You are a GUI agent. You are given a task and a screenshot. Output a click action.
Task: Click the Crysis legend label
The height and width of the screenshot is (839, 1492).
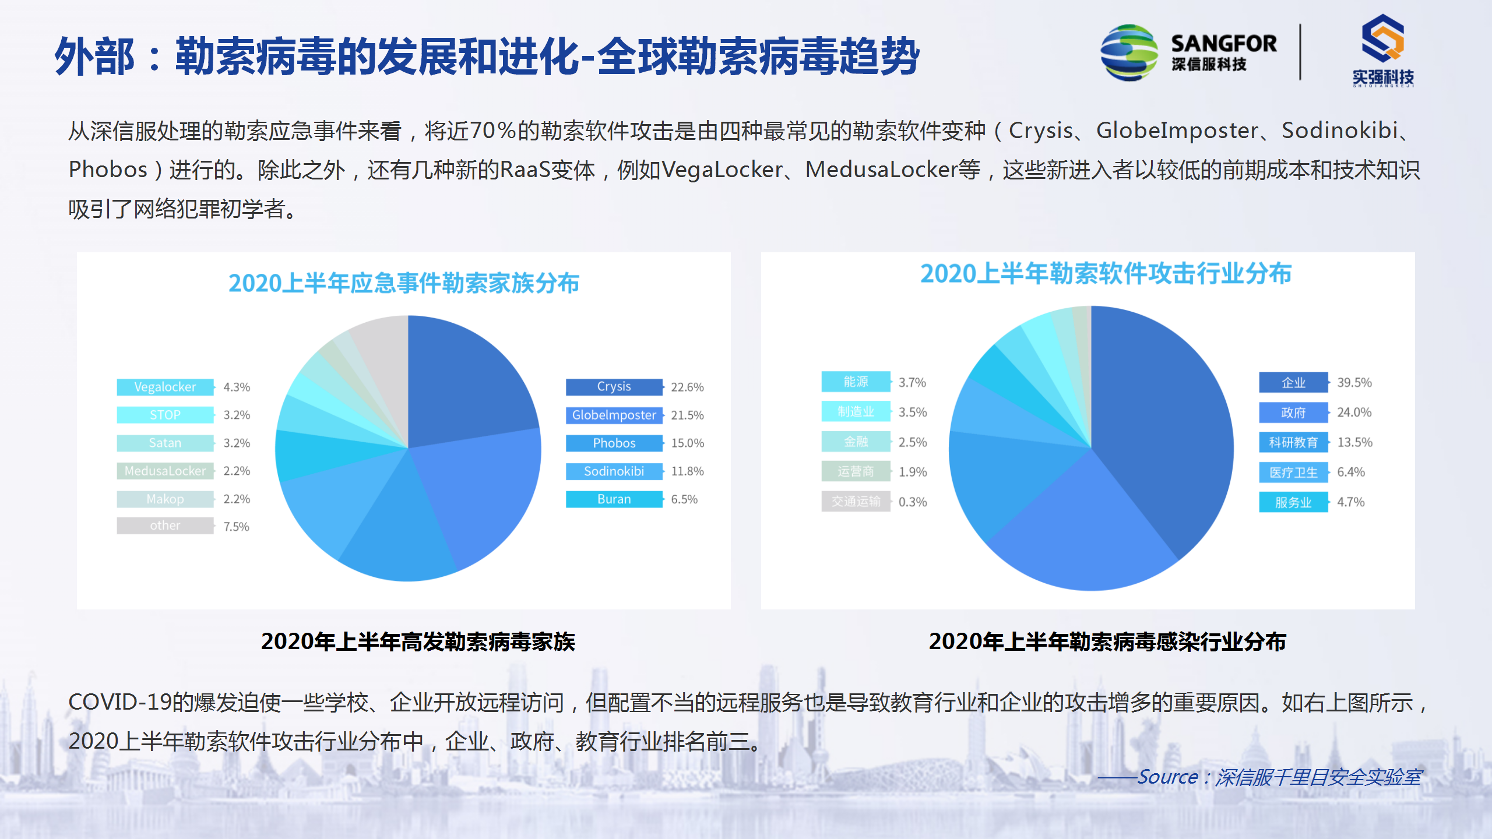point(614,387)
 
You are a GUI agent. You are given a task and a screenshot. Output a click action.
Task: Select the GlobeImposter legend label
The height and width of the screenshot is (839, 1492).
point(614,415)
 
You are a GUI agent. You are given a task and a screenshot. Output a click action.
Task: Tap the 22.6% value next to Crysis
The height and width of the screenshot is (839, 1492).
point(687,387)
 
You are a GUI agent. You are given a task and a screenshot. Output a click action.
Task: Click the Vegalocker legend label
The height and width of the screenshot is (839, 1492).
point(165,387)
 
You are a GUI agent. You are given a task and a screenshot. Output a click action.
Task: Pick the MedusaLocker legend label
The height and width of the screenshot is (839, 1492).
point(165,471)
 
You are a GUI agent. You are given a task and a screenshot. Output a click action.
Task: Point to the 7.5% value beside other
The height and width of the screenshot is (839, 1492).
point(236,527)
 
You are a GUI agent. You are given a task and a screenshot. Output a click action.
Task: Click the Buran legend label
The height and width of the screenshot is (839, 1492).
point(614,499)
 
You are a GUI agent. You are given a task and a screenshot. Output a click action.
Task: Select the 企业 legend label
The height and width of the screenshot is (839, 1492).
point(1293,383)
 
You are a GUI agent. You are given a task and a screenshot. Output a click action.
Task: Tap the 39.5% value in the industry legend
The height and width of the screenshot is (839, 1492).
point(1354,383)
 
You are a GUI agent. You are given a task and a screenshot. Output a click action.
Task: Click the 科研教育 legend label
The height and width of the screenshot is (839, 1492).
point(1293,443)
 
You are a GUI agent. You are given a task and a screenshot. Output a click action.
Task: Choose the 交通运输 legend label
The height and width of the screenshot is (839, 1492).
point(856,502)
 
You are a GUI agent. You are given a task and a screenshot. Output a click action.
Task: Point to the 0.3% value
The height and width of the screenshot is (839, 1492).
point(913,502)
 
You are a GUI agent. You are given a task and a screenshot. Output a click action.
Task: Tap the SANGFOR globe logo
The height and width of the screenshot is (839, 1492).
point(1129,52)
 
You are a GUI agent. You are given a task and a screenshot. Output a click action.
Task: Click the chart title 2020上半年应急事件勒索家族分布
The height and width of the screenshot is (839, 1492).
point(403,283)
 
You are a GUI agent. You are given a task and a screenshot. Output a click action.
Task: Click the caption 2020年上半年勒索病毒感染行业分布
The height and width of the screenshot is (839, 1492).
point(1107,641)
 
